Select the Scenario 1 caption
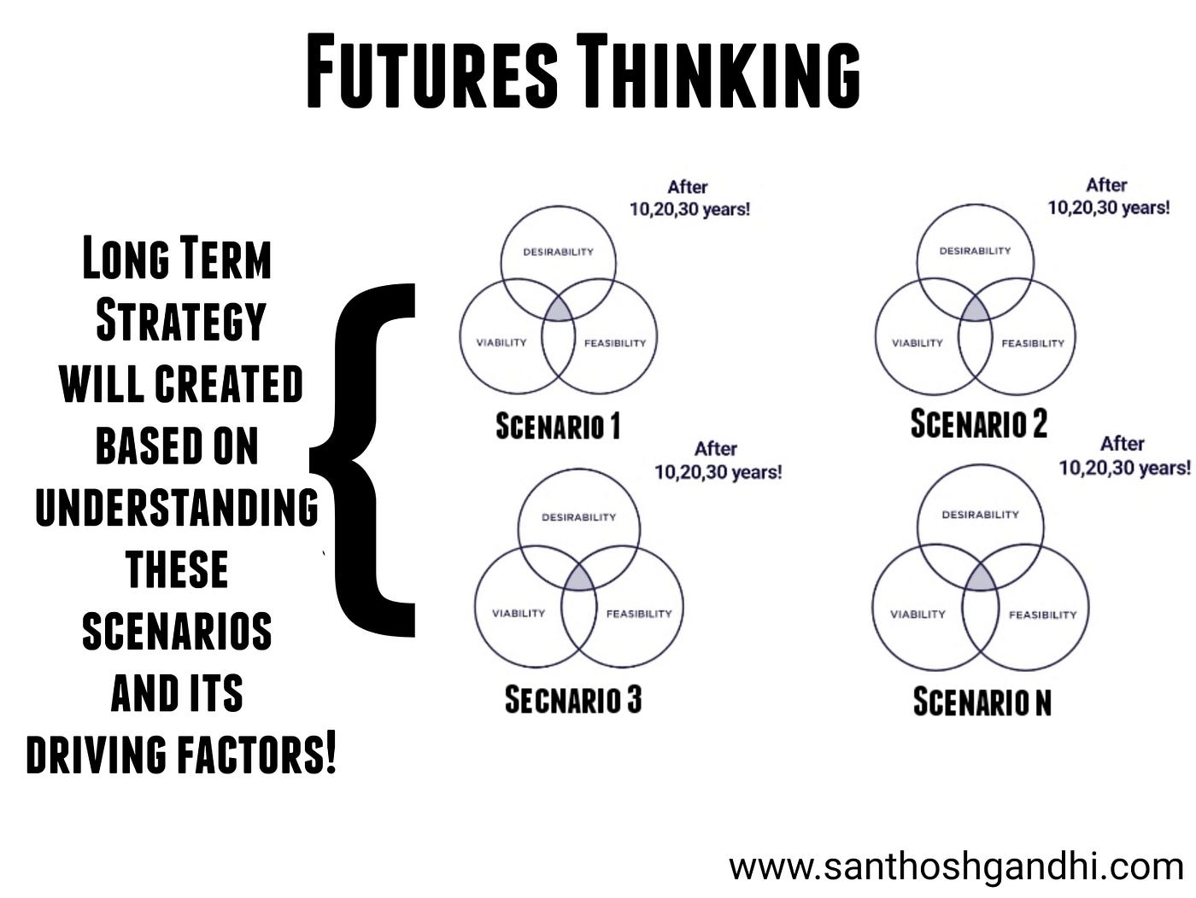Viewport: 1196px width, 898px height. (x=558, y=425)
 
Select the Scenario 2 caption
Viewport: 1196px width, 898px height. (x=978, y=423)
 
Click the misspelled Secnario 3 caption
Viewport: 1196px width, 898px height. (x=572, y=700)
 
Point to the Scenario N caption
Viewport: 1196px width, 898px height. (x=982, y=702)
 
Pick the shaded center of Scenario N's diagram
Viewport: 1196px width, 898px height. (x=981, y=579)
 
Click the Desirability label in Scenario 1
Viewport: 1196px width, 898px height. (x=558, y=251)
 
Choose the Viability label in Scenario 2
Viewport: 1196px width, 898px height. (x=917, y=343)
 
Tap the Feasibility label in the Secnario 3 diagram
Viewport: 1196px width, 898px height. (x=638, y=613)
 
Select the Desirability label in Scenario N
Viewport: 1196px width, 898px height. (x=980, y=515)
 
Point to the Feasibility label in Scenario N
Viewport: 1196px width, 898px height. (x=1042, y=615)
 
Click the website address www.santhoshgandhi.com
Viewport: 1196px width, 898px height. (x=955, y=867)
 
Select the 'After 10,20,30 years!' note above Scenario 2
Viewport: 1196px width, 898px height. (x=1108, y=196)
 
